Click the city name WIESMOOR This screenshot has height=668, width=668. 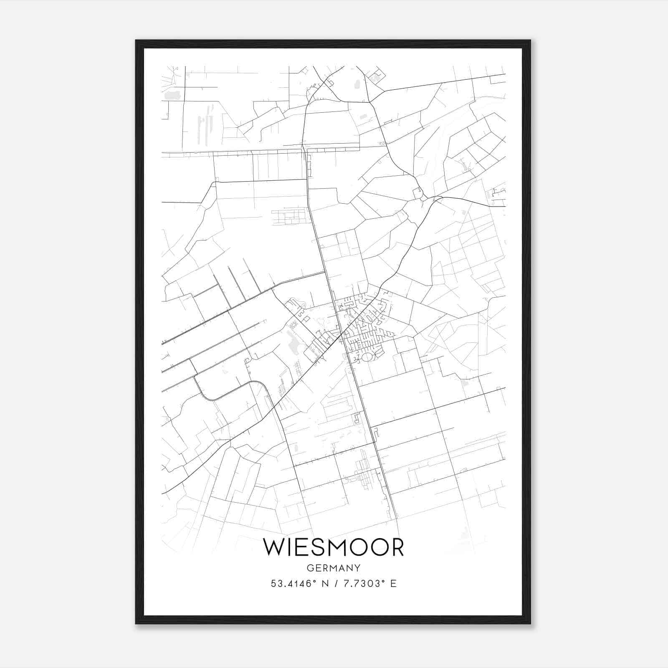334,547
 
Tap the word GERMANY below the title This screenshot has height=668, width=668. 334,568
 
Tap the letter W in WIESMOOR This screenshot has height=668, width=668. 274,547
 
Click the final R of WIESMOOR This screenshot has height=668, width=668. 397,547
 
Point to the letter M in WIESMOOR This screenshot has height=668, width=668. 341,547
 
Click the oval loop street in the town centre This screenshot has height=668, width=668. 367,357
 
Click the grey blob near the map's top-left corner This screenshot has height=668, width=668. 172,95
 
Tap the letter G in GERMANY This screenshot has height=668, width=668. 309,568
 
